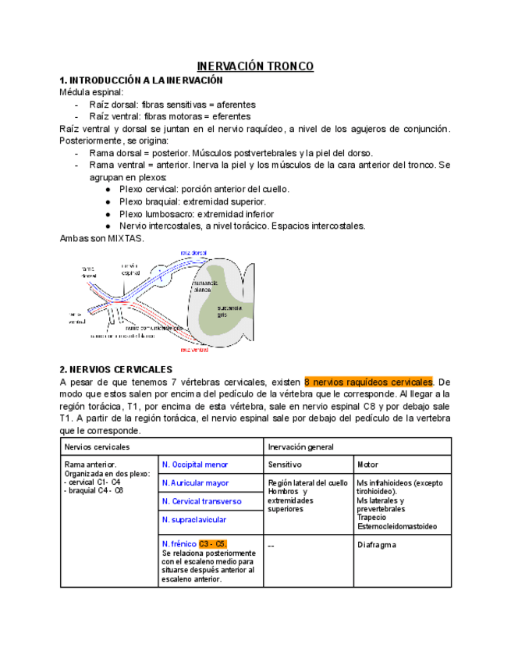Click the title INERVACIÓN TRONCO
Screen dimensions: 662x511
coord(255,66)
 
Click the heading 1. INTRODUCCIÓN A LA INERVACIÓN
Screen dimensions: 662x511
coord(141,80)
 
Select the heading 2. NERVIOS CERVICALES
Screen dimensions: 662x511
coord(116,368)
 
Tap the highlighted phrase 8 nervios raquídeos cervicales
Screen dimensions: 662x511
coord(368,382)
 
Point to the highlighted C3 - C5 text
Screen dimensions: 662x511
coord(212,543)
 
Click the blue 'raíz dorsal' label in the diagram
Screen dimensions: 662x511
coord(193,253)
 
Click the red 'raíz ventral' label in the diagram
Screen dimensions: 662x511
coord(194,350)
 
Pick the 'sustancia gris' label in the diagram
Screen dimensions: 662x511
coord(229,311)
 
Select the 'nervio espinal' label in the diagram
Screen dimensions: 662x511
coord(130,269)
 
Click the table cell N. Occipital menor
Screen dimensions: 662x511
coord(195,464)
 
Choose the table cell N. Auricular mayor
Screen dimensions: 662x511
coord(195,483)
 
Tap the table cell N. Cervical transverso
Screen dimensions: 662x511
coord(201,501)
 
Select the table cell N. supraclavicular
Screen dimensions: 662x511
coord(194,519)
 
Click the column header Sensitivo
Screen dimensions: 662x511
coord(285,464)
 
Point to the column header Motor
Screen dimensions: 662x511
coord(367,464)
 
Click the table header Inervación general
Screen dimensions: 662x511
coord(301,447)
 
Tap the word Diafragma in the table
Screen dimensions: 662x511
coord(377,544)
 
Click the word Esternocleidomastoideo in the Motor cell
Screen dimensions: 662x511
coord(397,526)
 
